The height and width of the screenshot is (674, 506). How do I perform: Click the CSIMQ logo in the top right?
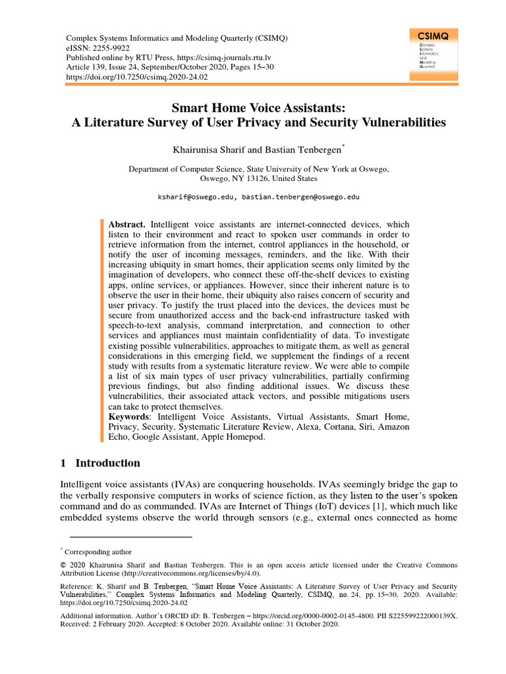(433, 55)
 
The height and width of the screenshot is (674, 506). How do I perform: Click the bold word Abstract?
(126, 224)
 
